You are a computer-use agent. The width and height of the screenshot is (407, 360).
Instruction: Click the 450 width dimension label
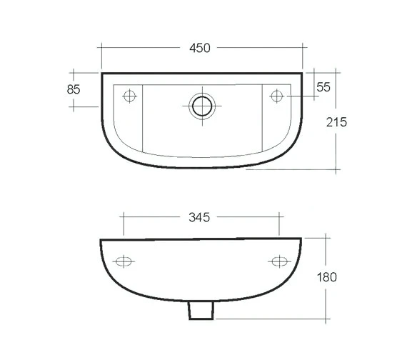coord(200,48)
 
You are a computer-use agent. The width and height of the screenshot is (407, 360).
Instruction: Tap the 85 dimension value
coord(72,89)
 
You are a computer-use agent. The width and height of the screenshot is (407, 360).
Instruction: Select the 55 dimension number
coord(323,86)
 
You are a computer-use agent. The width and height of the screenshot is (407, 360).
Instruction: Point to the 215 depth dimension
coord(336,122)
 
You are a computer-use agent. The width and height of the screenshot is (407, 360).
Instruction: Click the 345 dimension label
coord(201,217)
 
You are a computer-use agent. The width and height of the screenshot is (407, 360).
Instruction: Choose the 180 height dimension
coord(328,276)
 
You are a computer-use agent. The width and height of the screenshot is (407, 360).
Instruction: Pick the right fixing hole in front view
coord(277,261)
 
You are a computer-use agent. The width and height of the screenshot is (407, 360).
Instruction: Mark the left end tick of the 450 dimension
coord(101,48)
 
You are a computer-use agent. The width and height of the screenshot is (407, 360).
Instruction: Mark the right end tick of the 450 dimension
coord(303,48)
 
